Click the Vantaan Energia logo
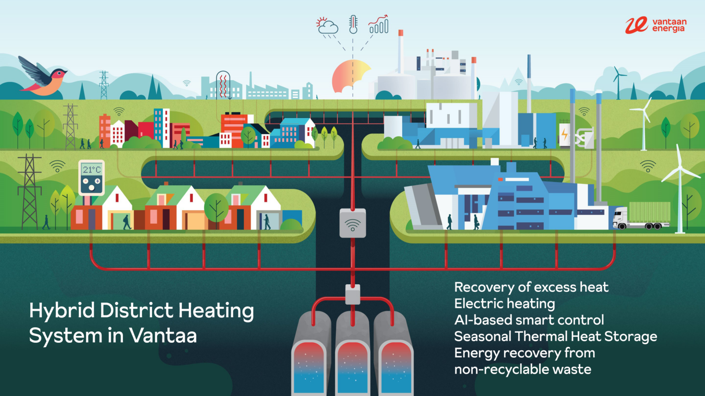click(655, 25)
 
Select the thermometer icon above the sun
click(353, 24)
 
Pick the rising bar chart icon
click(379, 24)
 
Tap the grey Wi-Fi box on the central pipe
click(352, 223)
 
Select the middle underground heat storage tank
click(352, 357)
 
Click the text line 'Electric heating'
click(504, 303)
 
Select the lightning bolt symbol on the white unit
click(565, 134)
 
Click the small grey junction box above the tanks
click(352, 294)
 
